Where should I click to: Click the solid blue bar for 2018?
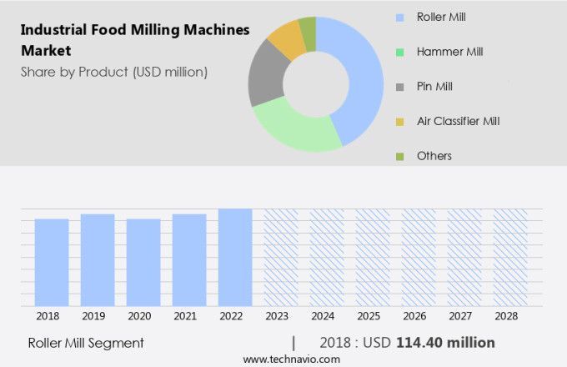point(52,263)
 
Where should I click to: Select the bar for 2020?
point(143,263)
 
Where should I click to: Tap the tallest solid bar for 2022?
point(235,258)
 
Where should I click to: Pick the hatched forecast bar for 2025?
point(373,258)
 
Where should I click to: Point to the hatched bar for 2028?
point(509,258)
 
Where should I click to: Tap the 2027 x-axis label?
point(464,317)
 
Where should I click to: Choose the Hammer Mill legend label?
point(450,52)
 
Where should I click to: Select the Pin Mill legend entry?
point(434,86)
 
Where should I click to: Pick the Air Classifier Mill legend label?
point(458,121)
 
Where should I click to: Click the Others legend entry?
point(434,156)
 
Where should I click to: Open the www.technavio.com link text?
point(291,359)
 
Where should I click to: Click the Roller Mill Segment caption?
point(86,343)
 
